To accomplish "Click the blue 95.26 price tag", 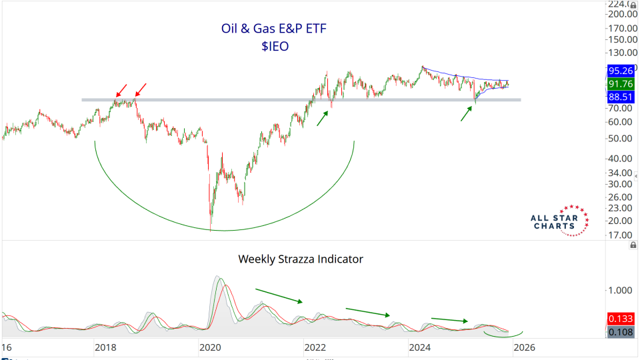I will [621, 69].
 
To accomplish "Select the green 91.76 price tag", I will [621, 83].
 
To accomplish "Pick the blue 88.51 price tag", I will [621, 97].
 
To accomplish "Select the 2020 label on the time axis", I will [209, 347].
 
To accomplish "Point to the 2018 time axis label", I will [105, 347].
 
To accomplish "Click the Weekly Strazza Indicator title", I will [301, 259].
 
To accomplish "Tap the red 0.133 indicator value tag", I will [621, 319].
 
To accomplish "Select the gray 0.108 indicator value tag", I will [621, 331].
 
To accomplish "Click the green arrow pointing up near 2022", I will [323, 117].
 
